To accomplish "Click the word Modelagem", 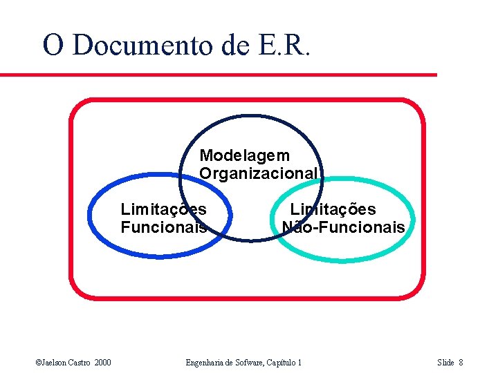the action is [x=244, y=156].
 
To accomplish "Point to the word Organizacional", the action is [x=259, y=173].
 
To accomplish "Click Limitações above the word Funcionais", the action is [x=163, y=209].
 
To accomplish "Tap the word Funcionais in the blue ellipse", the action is [x=163, y=227].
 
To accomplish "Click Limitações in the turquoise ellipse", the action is [x=333, y=209].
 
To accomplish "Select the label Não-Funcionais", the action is [x=343, y=227].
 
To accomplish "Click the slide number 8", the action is [x=461, y=363].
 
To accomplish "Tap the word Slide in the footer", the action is [x=445, y=363].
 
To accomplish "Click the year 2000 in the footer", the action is [x=102, y=363].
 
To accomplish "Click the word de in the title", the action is [x=235, y=45].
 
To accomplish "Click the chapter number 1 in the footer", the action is [x=299, y=363].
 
